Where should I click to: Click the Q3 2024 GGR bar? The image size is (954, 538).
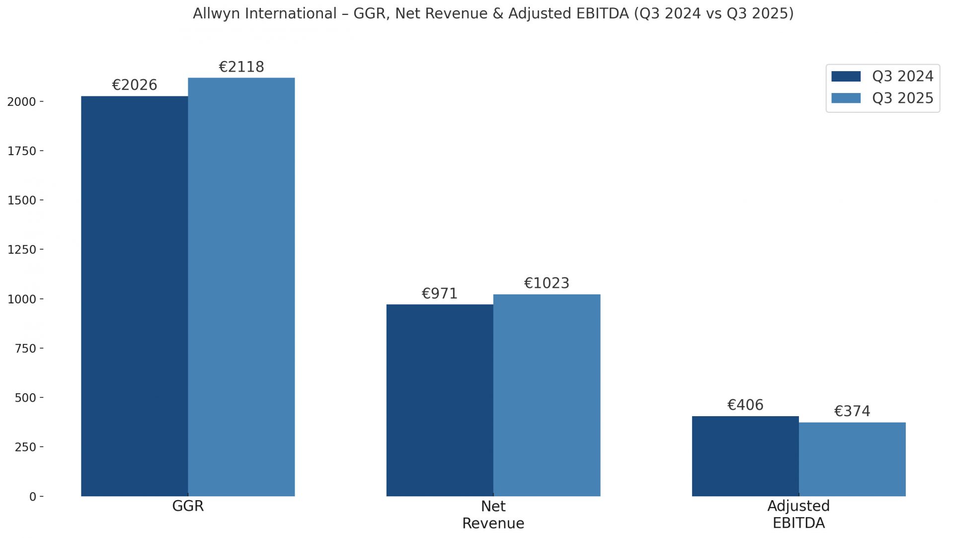click(134, 296)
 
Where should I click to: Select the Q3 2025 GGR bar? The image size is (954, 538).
click(241, 287)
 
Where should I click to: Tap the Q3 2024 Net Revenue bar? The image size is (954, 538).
click(440, 400)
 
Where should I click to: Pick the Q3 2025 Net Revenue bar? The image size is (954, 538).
click(547, 395)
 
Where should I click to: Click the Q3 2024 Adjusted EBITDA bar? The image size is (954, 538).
click(745, 456)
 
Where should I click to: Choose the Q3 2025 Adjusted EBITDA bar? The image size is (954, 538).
click(852, 459)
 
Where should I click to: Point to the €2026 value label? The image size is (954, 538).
click(135, 85)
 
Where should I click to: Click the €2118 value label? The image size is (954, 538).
click(241, 67)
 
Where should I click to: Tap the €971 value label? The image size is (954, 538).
click(440, 293)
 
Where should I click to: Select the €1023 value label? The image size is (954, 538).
click(547, 283)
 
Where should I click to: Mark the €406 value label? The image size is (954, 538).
click(745, 405)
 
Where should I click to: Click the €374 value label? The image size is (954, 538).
click(852, 411)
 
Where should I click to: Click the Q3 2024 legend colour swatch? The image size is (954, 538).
click(846, 77)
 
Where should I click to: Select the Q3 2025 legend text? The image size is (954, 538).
click(903, 98)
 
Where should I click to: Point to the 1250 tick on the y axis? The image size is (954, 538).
click(22, 250)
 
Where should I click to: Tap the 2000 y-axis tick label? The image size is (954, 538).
click(22, 102)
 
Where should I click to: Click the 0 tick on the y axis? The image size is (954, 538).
click(33, 497)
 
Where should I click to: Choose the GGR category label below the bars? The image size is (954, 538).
click(188, 506)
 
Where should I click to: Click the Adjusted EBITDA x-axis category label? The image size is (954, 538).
click(798, 514)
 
